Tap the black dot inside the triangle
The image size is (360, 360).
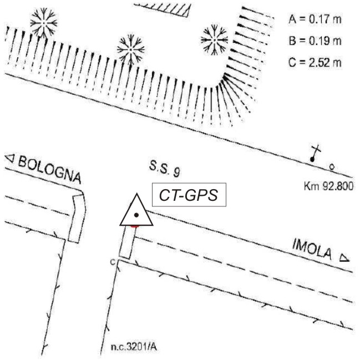[x=136, y=215]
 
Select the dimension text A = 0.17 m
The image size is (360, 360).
[x=315, y=19]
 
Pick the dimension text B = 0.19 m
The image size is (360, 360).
[x=315, y=41]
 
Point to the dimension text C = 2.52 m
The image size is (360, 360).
[x=315, y=63]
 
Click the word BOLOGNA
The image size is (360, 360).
[x=49, y=170]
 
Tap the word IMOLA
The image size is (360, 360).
[x=312, y=249]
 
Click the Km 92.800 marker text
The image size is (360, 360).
[x=328, y=186]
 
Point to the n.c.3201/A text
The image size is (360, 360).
[x=134, y=347]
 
